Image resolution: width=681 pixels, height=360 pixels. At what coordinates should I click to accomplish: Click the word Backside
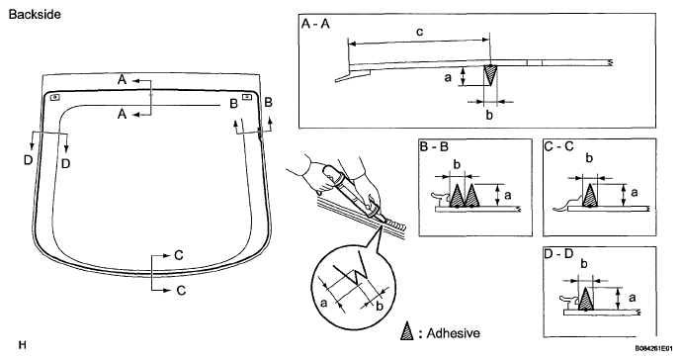35,15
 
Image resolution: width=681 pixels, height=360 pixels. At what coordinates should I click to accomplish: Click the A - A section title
315,24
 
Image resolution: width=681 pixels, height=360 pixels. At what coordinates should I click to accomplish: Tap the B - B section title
434,146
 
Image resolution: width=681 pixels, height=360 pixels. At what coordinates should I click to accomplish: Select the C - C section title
559,146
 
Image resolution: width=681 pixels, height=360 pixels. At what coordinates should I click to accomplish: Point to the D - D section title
559,253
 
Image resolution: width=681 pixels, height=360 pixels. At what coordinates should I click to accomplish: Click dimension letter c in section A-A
419,32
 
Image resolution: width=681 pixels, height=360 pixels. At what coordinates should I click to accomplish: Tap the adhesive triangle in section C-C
589,195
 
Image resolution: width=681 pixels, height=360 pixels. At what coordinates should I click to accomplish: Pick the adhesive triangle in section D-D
585,299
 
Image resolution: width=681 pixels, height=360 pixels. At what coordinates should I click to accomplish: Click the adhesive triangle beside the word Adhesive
407,331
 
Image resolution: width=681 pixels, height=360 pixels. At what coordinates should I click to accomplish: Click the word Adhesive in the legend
454,333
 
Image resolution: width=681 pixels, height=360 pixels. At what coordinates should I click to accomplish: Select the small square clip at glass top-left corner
54,97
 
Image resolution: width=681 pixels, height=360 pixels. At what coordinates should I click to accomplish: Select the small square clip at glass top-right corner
247,97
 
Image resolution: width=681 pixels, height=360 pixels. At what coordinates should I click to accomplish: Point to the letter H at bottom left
23,345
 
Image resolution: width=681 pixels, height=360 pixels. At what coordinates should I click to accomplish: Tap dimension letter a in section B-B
508,195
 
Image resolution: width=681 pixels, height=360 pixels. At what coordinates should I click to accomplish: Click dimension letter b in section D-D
584,264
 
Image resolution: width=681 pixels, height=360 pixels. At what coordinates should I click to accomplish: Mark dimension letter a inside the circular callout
323,303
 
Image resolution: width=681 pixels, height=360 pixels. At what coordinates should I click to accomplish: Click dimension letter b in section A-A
489,116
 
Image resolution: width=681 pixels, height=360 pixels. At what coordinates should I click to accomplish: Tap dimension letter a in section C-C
634,192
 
